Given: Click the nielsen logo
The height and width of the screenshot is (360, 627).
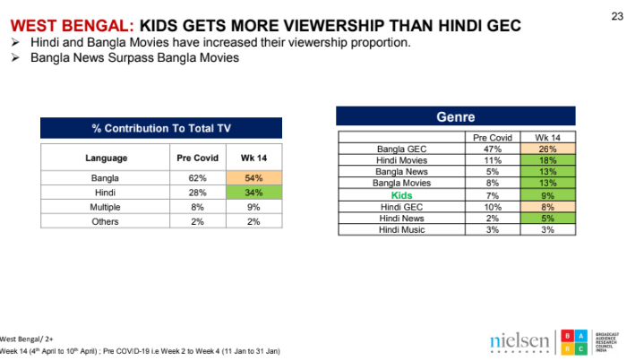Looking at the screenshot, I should (x=519, y=342).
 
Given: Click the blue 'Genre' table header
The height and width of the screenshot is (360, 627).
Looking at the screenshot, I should (x=455, y=116).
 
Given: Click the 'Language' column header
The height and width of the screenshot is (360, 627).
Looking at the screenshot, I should (x=107, y=159).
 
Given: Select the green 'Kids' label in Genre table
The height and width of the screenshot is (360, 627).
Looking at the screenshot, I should (x=402, y=193).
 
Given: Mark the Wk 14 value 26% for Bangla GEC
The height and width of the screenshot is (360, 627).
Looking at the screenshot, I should (x=548, y=149).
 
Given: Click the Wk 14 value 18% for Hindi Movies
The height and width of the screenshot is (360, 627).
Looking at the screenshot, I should (x=548, y=159).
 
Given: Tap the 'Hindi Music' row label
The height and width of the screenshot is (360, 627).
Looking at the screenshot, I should (x=402, y=228).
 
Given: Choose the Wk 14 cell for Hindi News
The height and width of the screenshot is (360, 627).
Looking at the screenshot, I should (x=548, y=217).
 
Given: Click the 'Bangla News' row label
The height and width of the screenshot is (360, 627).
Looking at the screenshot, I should (x=402, y=171).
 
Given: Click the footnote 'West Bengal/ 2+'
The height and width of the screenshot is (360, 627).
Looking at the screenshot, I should (x=26, y=339).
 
